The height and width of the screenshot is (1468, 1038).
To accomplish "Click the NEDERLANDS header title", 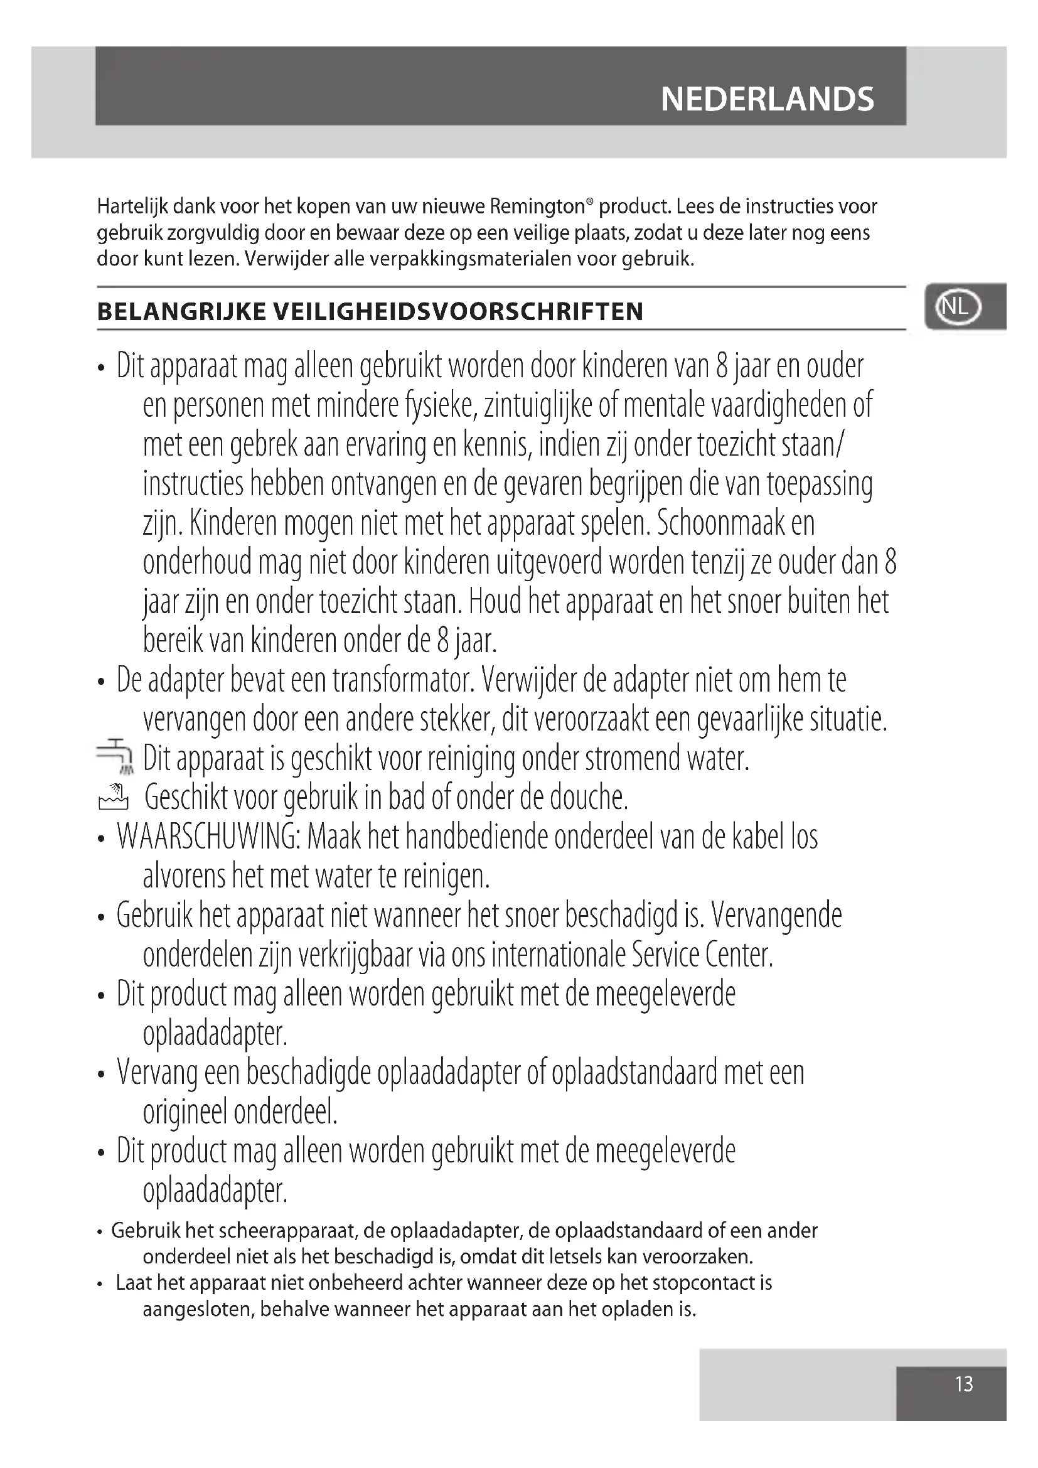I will click(x=767, y=100).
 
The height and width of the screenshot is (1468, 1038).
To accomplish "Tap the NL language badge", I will click(x=957, y=308).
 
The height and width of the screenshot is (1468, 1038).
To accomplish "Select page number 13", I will click(x=964, y=1385).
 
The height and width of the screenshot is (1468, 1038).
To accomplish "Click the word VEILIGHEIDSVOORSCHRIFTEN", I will click(x=457, y=312).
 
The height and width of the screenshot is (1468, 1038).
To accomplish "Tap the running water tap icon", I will click(x=115, y=757).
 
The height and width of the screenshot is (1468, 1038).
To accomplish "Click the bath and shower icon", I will click(x=114, y=796).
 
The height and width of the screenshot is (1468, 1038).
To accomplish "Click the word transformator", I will click(x=402, y=680).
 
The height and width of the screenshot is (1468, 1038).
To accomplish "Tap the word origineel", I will click(x=185, y=1113).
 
